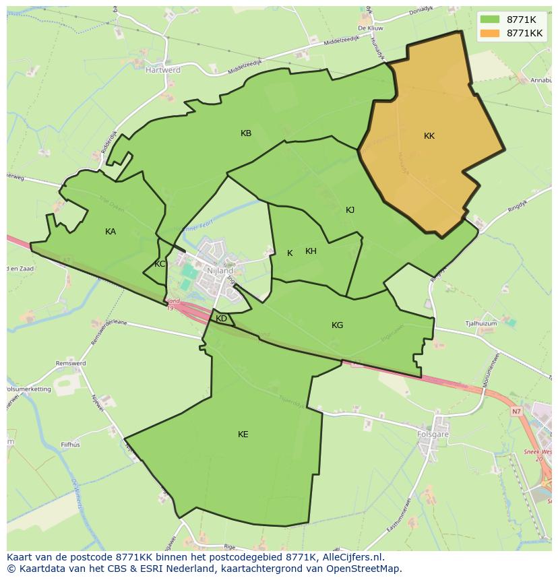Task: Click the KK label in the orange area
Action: [x=429, y=136]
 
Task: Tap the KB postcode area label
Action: [x=246, y=133]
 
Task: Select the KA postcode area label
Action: [x=111, y=232]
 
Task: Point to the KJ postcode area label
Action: [x=350, y=210]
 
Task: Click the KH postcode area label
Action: [x=311, y=251]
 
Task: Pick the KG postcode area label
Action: [x=337, y=325]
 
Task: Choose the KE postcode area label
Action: [x=243, y=434]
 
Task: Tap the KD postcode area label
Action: [x=221, y=319]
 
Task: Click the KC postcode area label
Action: [x=160, y=264]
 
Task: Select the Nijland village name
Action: [x=220, y=270]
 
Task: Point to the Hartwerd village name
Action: [x=163, y=69]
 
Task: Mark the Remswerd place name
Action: [x=71, y=364]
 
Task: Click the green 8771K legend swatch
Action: [x=490, y=19]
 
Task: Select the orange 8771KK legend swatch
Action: [x=490, y=33]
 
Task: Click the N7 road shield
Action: [x=516, y=411]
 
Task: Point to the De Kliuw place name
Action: [x=371, y=28]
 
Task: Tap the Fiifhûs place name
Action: [x=71, y=445]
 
